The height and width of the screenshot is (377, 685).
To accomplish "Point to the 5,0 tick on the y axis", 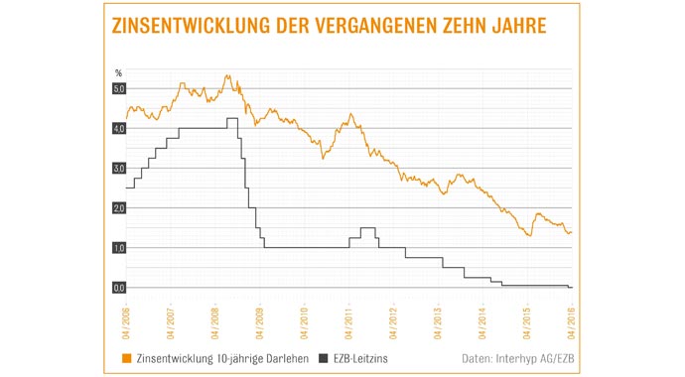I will tap(118, 89).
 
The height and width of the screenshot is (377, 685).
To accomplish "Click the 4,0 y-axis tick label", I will tap(118, 129).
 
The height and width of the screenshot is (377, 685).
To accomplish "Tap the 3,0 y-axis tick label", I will tap(118, 169).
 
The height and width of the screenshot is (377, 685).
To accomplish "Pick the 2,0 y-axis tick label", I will tap(118, 208).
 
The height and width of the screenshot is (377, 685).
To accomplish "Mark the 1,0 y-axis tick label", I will tap(118, 248).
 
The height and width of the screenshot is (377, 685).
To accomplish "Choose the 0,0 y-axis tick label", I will tap(118, 288).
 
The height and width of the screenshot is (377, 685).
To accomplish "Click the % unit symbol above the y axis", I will tap(118, 73).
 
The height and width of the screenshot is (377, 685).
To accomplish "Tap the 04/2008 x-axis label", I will tap(216, 318).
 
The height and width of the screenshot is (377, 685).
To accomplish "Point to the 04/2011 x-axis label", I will tap(349, 318).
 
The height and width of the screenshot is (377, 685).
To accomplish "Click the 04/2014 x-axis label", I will tap(482, 318).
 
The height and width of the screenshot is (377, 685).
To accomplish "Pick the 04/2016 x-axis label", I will tap(571, 318).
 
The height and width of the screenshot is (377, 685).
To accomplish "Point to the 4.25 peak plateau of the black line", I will tap(232, 119).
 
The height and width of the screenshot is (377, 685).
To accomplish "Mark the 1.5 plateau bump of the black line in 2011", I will tap(367, 228).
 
